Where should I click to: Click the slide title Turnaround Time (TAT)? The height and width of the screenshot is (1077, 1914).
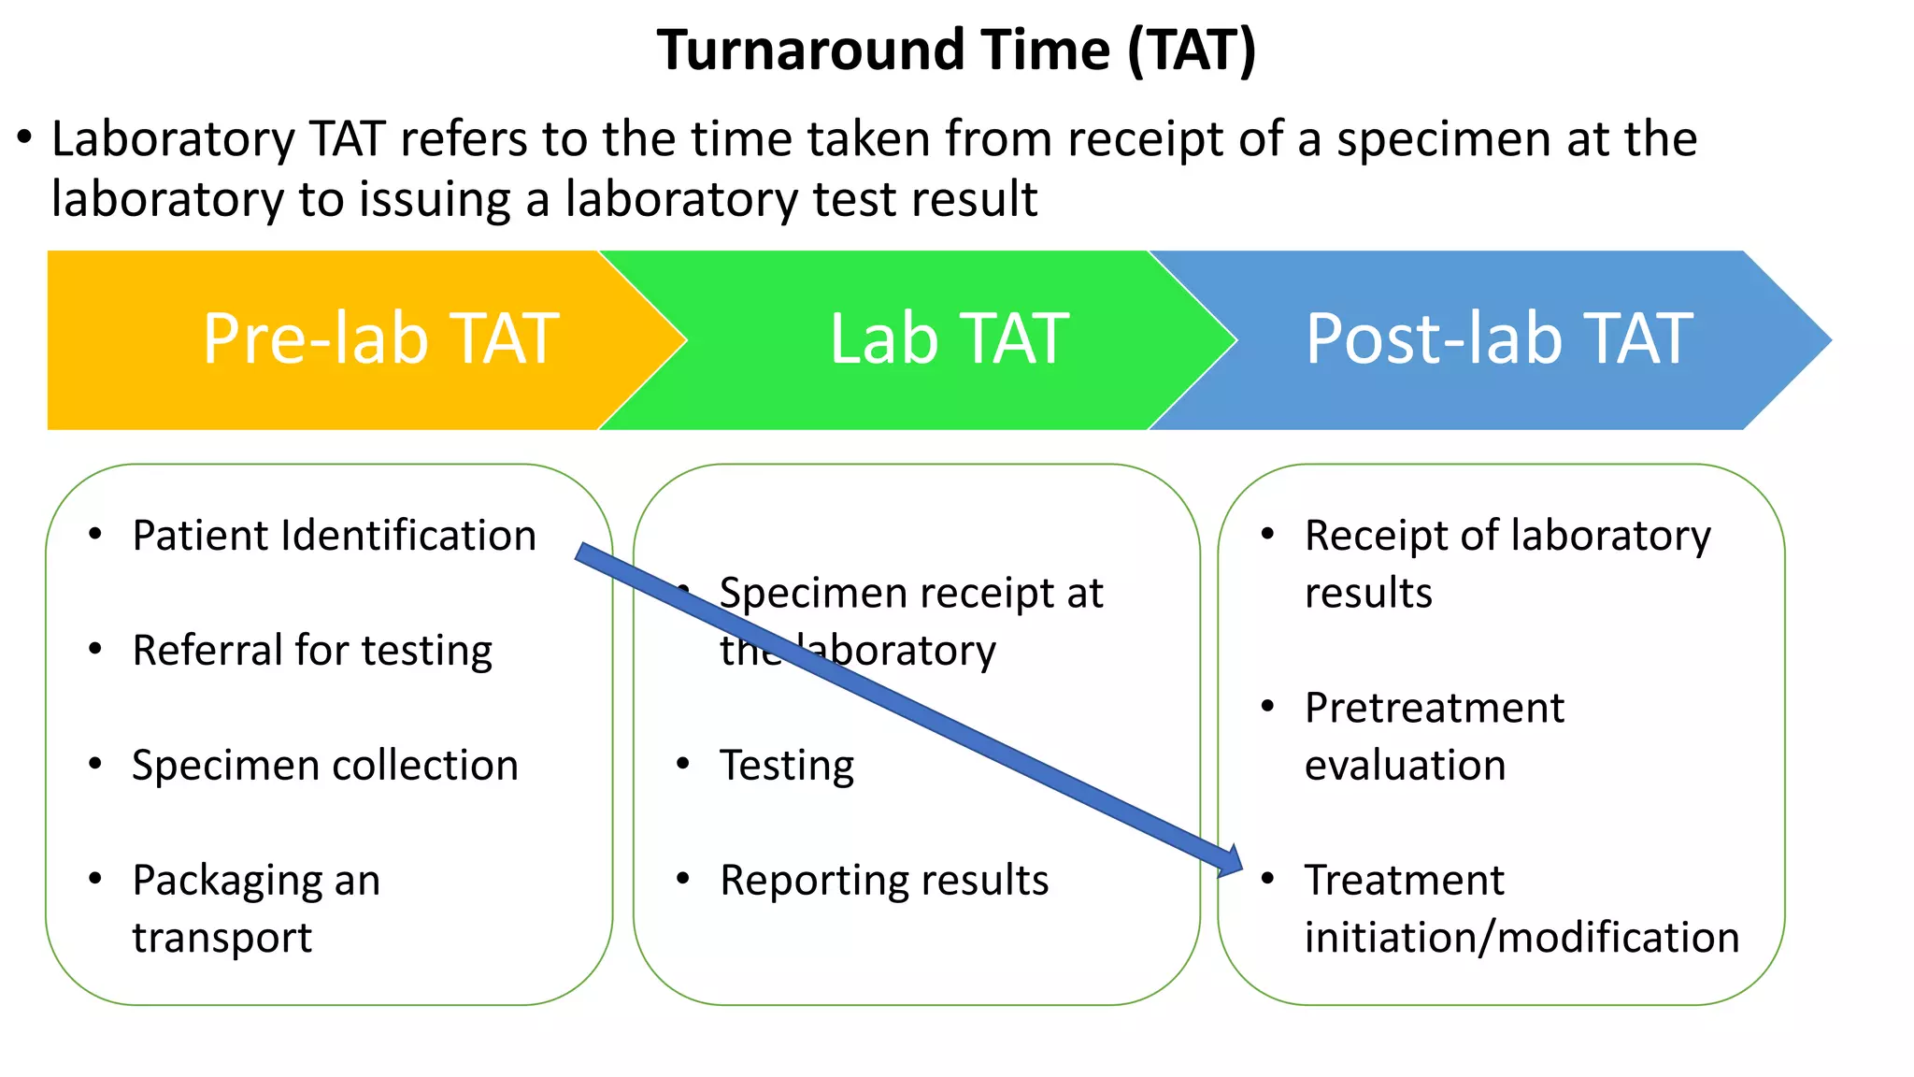click(x=956, y=50)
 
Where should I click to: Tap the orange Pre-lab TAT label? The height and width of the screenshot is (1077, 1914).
click(x=380, y=338)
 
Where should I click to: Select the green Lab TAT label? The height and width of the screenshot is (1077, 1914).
click(x=949, y=338)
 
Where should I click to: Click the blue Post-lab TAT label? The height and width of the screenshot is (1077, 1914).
click(x=1499, y=338)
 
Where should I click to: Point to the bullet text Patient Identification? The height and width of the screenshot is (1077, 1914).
click(x=334, y=536)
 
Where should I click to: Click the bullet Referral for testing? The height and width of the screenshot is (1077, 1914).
click(x=312, y=651)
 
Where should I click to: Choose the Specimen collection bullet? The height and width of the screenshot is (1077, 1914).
click(x=324, y=766)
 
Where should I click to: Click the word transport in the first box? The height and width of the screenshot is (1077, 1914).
click(x=221, y=938)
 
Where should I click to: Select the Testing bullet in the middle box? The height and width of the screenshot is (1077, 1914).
click(x=786, y=766)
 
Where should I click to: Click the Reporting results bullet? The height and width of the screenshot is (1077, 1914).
click(x=884, y=881)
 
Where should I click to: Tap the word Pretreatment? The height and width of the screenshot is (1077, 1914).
click(x=1434, y=708)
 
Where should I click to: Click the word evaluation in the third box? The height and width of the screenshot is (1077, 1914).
click(x=1405, y=766)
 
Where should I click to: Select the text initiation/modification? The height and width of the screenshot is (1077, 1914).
click(x=1521, y=938)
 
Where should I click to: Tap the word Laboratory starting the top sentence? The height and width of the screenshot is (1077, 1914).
click(x=173, y=140)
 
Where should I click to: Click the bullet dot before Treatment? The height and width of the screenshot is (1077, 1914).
click(x=1267, y=879)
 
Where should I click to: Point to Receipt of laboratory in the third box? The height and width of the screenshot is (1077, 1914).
click(x=1507, y=536)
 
